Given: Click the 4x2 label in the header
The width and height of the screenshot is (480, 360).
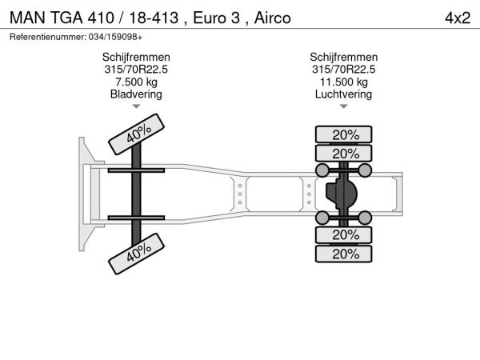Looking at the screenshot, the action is (458, 18).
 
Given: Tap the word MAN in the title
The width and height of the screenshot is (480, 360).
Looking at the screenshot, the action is (27, 18).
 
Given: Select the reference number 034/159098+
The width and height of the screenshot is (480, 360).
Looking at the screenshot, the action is (115, 37).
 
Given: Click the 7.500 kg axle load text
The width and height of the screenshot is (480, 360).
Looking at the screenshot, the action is (136, 82).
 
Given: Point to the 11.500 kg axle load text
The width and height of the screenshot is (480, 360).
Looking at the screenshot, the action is (344, 82).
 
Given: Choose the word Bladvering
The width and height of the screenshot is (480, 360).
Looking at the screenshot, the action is (136, 94).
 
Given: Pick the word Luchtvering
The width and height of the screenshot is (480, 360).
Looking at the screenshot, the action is (343, 94).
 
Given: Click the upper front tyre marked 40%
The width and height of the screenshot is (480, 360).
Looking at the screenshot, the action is (137, 134).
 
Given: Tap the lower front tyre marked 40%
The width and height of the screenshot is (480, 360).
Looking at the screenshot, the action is (137, 254).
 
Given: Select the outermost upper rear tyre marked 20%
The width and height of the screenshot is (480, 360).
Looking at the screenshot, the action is (344, 134).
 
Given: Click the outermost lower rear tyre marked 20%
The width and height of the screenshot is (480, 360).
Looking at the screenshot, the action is (344, 254).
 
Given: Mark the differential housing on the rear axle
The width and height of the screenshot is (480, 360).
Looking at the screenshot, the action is (342, 194).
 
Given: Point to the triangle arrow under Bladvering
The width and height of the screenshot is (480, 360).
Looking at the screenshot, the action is (136, 106).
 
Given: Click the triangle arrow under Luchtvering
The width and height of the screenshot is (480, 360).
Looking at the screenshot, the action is (344, 106).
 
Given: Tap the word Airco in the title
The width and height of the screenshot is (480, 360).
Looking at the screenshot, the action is (273, 18).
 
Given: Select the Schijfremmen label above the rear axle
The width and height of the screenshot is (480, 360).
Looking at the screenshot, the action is (344, 57).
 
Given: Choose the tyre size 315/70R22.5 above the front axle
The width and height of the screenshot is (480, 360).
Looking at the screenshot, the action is (136, 69).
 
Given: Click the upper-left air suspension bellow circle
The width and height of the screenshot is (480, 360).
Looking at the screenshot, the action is (322, 170).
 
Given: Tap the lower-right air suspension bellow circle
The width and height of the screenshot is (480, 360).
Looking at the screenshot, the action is (365, 218).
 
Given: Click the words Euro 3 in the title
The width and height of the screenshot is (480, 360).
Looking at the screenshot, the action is (217, 18).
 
